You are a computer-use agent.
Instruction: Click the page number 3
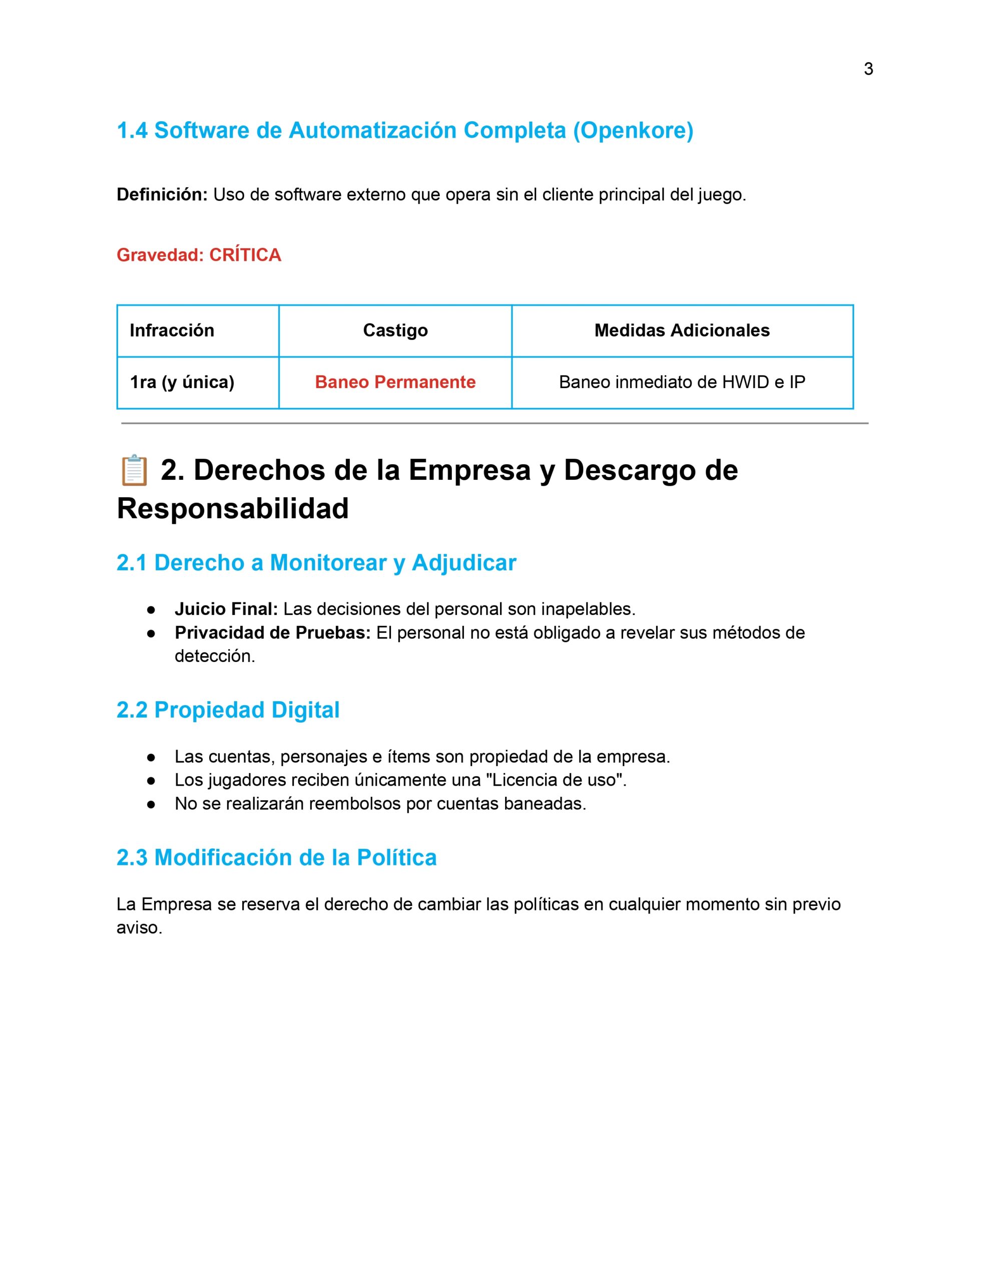[868, 69]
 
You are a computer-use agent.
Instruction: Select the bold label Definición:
[162, 195]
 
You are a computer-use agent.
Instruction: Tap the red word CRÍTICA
[245, 255]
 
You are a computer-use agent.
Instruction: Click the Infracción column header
[172, 331]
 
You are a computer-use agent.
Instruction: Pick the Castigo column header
[395, 331]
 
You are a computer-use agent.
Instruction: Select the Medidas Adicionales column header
[681, 331]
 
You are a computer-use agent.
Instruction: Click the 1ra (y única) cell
[182, 382]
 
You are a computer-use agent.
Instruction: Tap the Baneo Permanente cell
[395, 382]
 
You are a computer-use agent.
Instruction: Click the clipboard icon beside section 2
[134, 470]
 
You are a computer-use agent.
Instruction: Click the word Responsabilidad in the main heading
[232, 508]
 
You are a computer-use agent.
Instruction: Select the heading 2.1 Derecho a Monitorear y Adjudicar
[316, 563]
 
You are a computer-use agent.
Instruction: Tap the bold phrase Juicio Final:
[226, 609]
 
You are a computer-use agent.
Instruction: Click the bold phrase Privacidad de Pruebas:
[272, 633]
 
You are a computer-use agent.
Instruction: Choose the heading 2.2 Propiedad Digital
[228, 710]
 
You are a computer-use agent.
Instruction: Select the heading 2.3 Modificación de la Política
[276, 858]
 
